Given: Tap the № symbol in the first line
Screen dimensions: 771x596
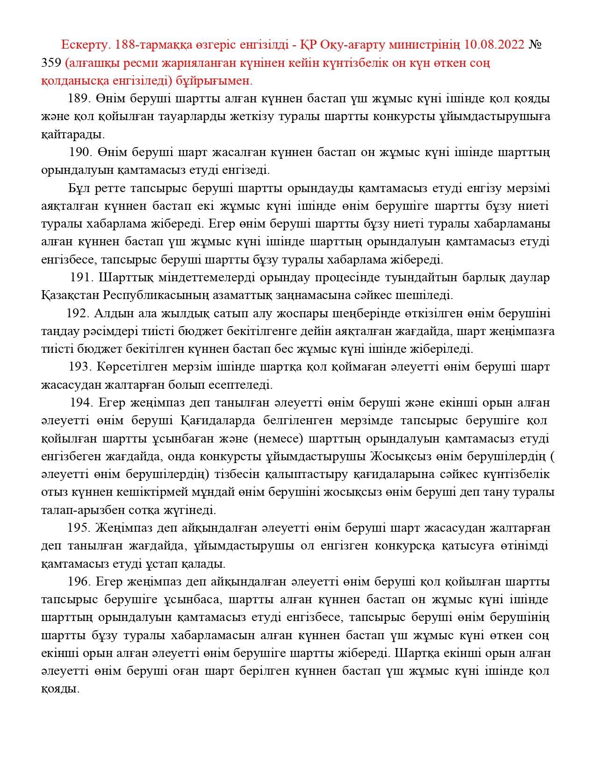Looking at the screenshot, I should (535, 45).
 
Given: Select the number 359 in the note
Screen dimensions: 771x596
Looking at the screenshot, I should (51, 63).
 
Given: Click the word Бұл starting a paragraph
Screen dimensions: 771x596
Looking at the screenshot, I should (78, 188).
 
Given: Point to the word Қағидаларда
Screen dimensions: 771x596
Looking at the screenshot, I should (217, 421).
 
